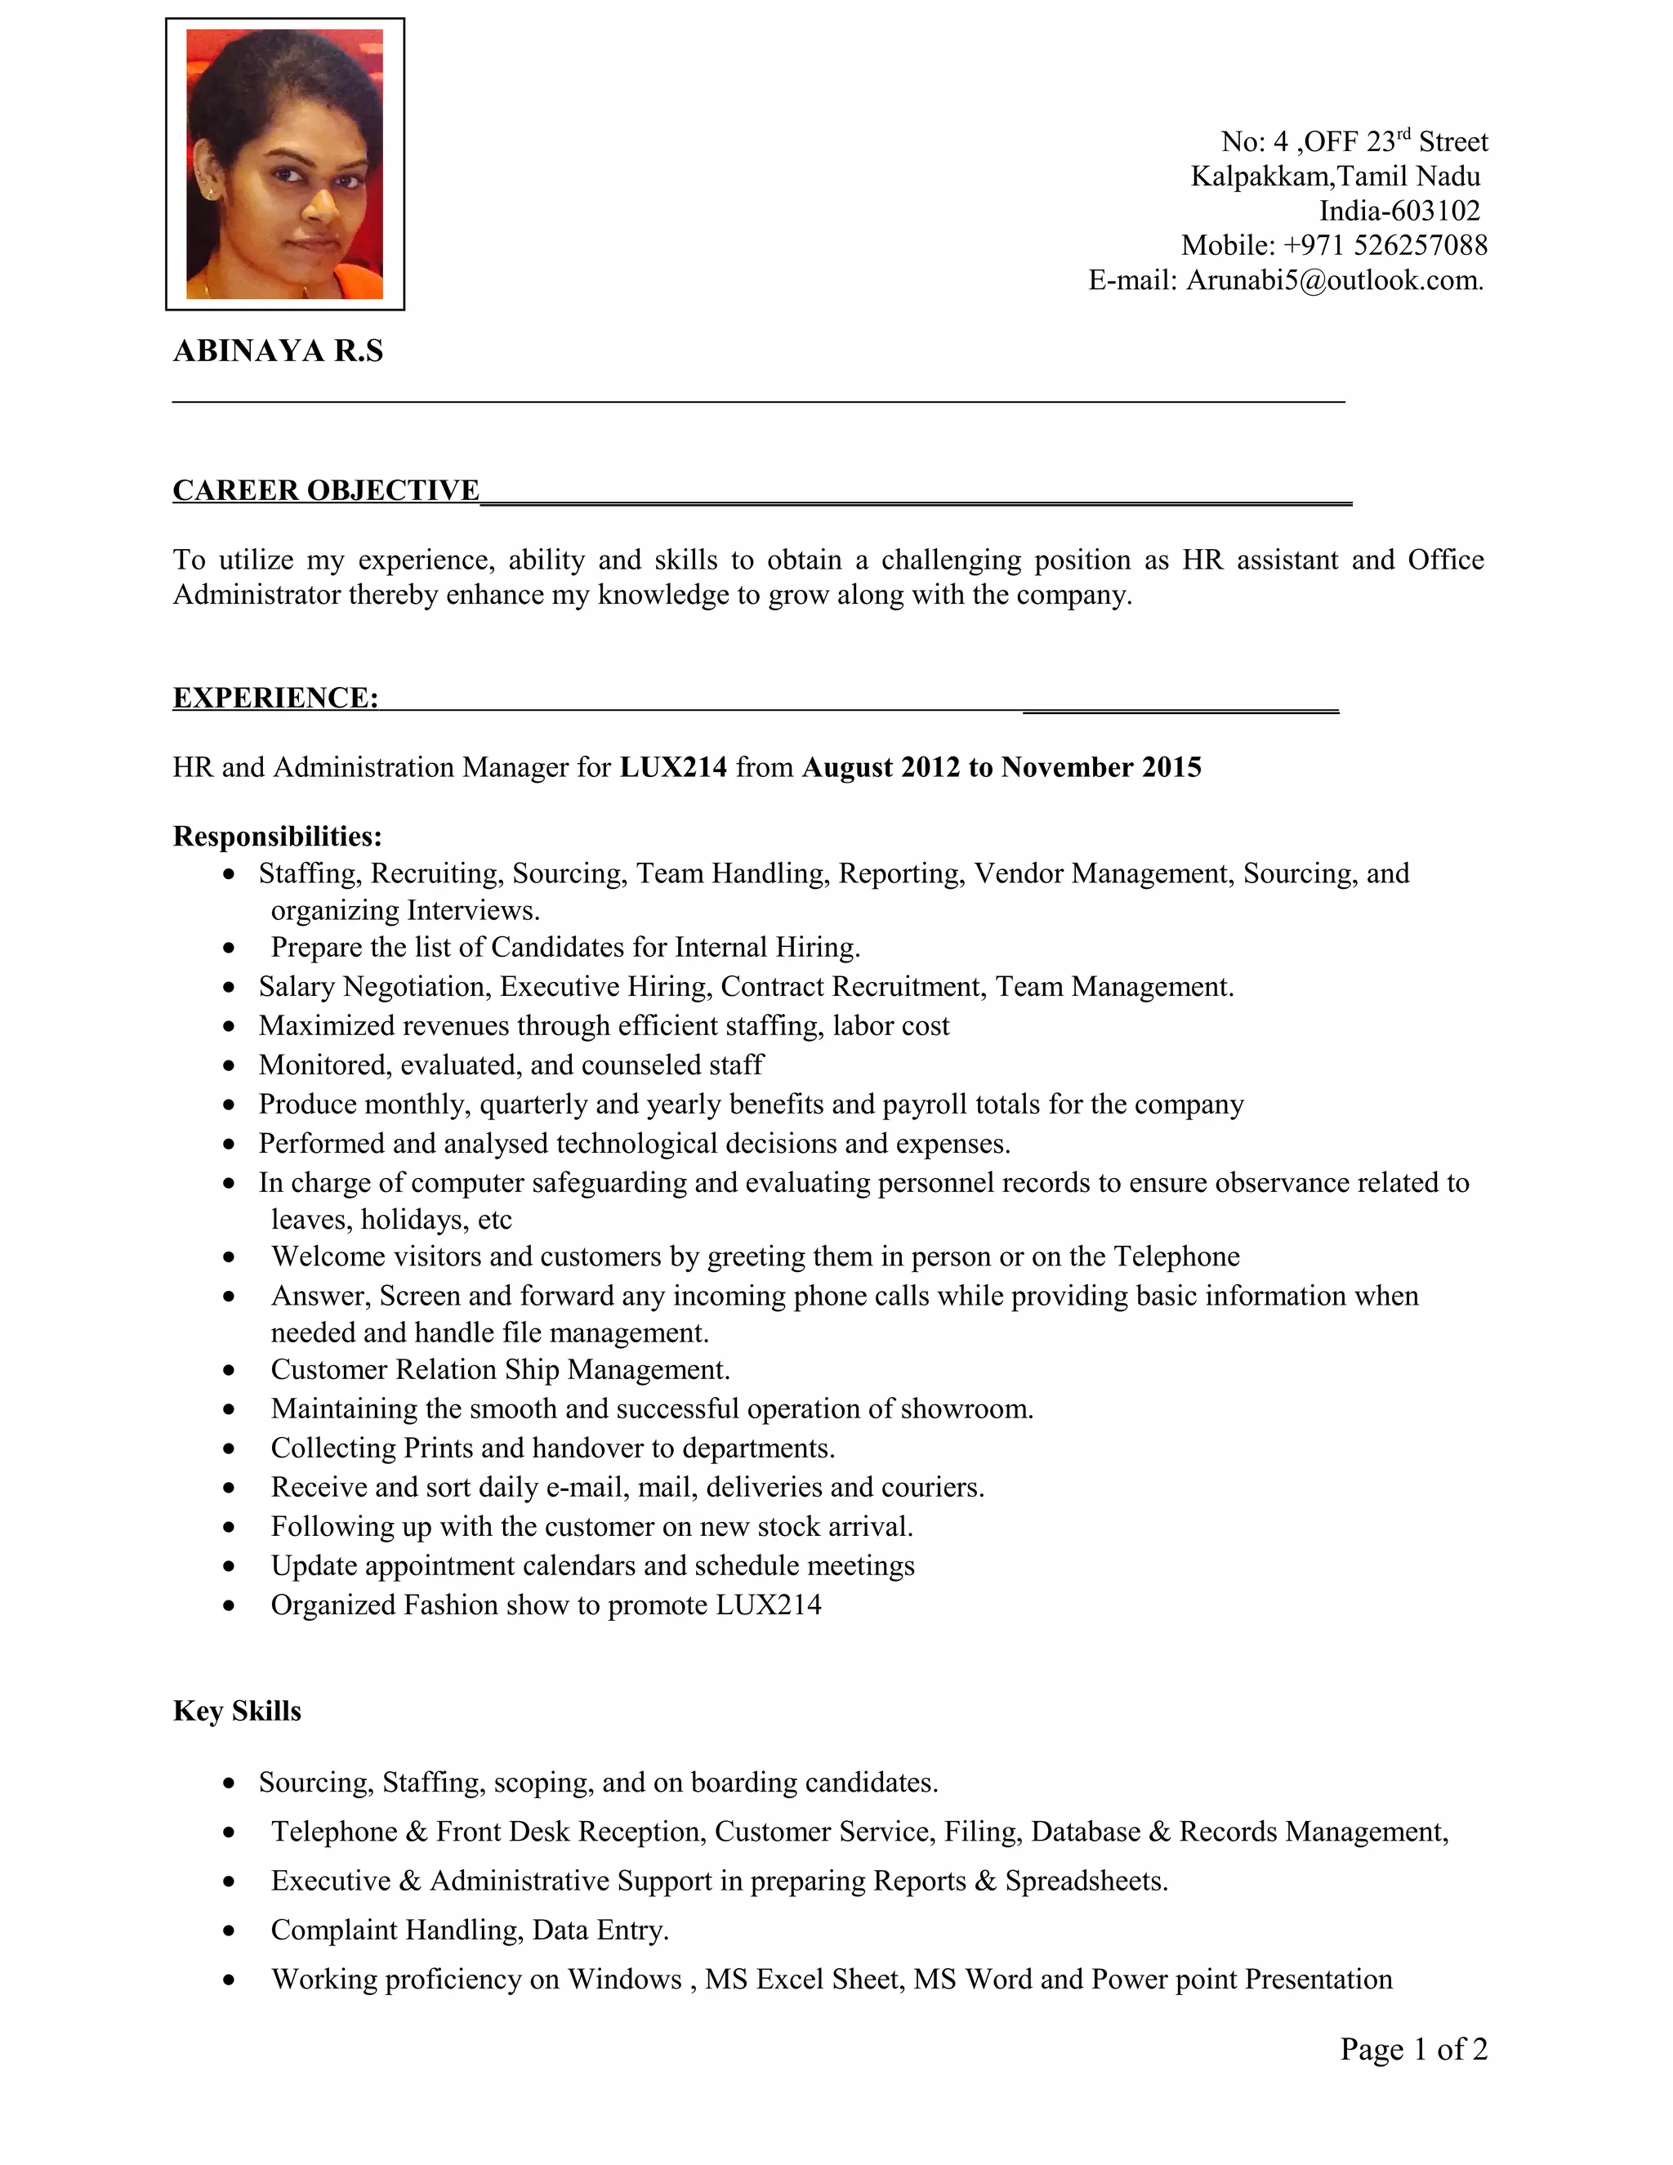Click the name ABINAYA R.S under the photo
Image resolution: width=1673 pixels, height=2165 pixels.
(278, 351)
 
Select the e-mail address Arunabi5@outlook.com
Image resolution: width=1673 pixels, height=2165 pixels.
(1333, 280)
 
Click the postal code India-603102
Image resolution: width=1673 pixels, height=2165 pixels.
(1399, 211)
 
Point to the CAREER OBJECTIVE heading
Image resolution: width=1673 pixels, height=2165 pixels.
(326, 491)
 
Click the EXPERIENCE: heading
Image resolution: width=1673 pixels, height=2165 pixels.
(275, 698)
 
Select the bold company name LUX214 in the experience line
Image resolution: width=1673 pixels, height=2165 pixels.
(673, 767)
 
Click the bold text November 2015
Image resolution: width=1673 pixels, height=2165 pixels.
(1101, 767)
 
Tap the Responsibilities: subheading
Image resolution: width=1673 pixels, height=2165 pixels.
(278, 837)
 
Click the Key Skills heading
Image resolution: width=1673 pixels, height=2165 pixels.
(237, 1711)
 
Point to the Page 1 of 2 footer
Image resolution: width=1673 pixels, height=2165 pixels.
(1413, 2049)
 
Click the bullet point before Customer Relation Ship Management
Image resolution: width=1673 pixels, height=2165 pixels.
(230, 1372)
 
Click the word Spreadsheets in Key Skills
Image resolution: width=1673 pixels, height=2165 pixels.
(1084, 1881)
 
